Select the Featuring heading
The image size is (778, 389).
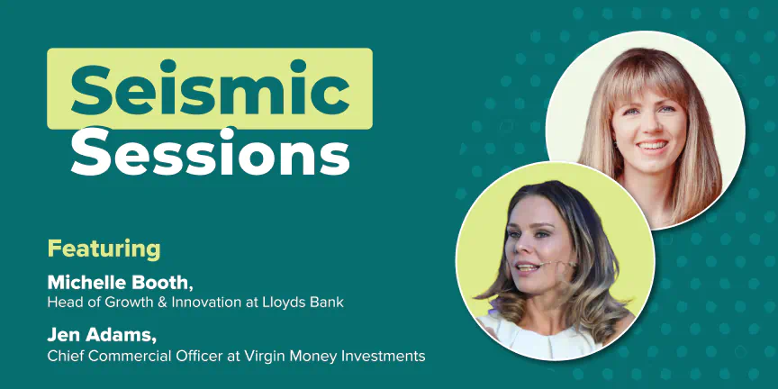(x=104, y=249)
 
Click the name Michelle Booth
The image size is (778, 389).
(x=119, y=283)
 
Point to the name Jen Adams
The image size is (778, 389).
(x=101, y=336)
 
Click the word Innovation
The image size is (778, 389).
(x=201, y=303)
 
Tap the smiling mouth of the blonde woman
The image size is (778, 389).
(x=651, y=146)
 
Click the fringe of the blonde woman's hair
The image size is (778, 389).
(x=644, y=79)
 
